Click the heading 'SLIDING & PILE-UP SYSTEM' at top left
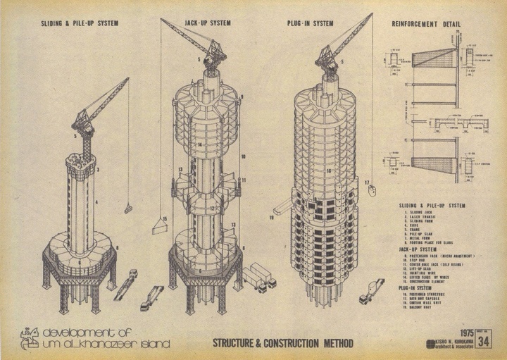80,23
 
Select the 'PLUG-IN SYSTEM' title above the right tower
311,23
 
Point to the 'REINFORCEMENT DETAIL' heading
426,23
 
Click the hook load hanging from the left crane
128,209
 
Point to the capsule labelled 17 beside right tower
373,189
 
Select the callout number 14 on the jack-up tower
201,145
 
